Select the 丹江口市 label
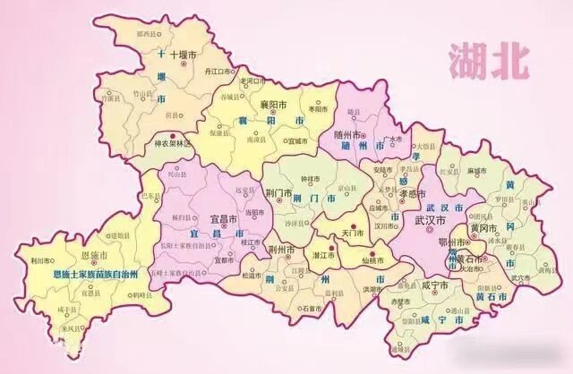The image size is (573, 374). click(x=219, y=69)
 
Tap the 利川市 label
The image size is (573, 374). click(x=38, y=260)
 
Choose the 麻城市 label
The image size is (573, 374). click(x=475, y=169)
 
